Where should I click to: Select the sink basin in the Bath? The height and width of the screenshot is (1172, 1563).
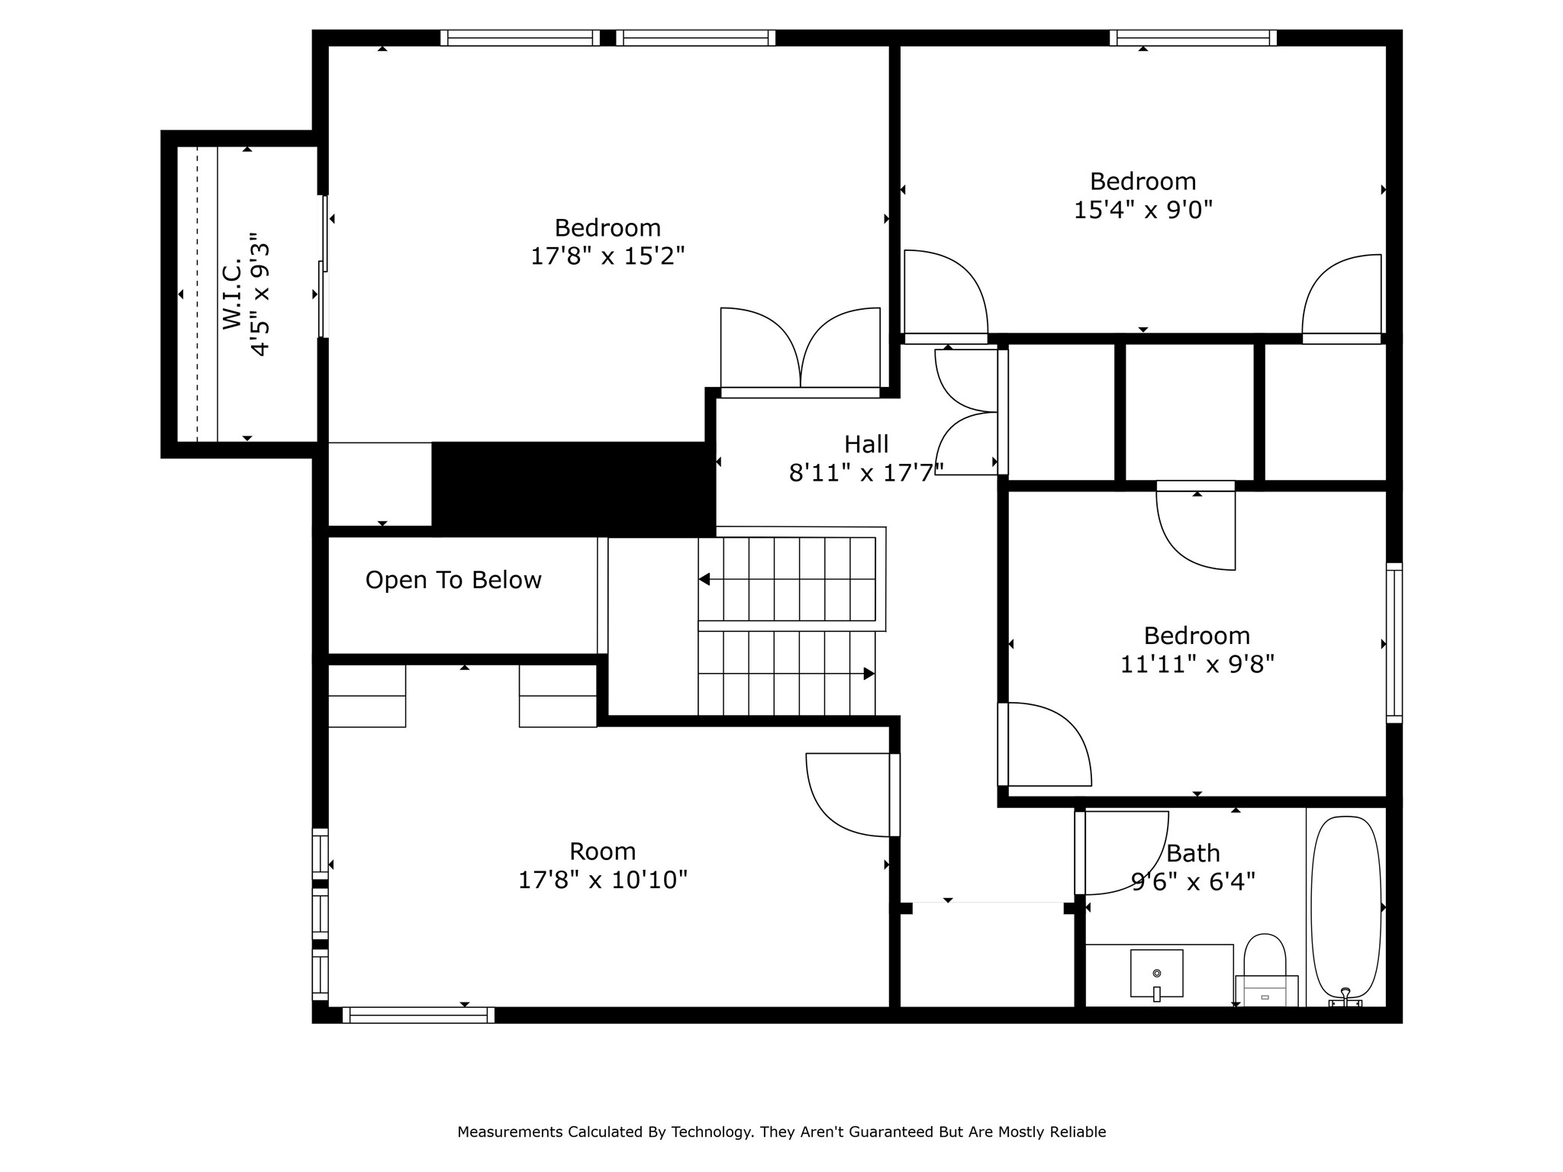1156,973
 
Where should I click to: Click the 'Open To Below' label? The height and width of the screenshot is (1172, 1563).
453,580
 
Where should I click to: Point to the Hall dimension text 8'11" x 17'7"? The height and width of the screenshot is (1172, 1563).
866,473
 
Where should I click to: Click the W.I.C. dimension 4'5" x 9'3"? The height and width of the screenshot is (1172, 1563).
260,295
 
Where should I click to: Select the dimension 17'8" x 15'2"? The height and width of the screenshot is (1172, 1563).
607,256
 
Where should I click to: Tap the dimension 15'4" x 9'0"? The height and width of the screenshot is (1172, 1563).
1142,209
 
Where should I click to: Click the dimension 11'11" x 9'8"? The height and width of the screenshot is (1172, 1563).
1197,664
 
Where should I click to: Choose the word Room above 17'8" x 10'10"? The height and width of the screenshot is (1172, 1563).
602,851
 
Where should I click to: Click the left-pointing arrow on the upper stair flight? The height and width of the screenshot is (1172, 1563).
704,579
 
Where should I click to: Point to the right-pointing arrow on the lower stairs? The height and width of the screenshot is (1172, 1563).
869,674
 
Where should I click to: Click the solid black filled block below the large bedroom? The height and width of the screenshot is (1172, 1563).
572,488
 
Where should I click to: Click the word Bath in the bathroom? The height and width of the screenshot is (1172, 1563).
1193,853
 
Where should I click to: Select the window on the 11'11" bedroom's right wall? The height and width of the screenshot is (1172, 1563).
1394,643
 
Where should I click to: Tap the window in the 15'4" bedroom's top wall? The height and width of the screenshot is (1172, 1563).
1193,37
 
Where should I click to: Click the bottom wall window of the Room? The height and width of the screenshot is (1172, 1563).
418,1015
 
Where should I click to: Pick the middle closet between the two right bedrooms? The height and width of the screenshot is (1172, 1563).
1190,412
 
